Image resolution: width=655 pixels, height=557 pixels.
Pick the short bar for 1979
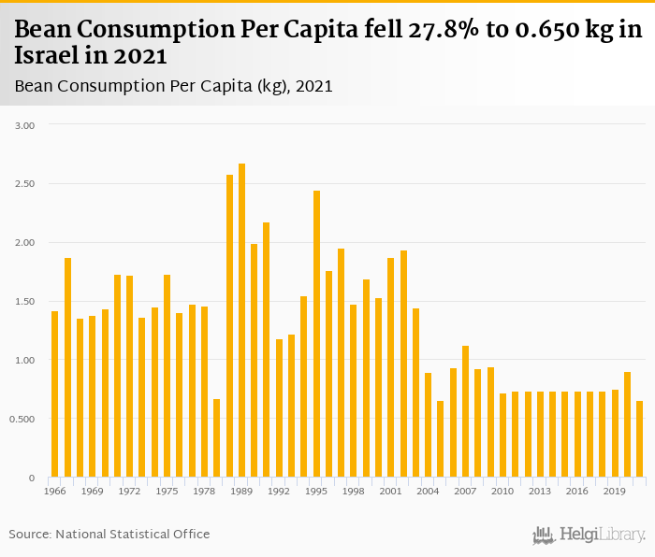coord(217,438)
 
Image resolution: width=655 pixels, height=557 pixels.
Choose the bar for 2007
coord(465,411)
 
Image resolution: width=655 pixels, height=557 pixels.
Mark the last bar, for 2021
coord(639,439)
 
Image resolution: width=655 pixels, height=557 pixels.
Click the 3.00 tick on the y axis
coord(25,125)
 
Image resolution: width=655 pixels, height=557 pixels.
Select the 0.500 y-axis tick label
coord(23,419)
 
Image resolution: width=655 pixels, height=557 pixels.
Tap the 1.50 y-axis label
coord(25,302)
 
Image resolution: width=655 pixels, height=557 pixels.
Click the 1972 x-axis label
coord(129,491)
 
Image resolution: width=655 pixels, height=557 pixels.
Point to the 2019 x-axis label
coord(614,491)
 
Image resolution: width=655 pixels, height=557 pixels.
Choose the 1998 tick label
coord(354,491)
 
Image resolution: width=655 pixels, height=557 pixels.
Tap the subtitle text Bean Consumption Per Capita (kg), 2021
coord(174,86)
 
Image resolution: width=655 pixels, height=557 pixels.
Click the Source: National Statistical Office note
coord(109,534)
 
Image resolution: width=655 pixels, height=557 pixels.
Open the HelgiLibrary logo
coord(589,535)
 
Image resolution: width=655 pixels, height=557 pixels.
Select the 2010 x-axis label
coord(502,491)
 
